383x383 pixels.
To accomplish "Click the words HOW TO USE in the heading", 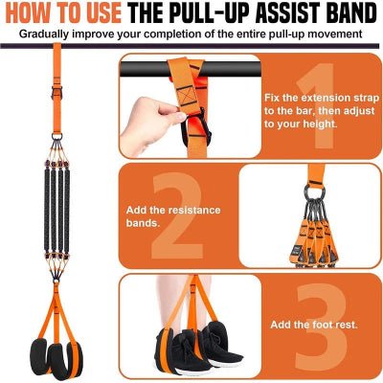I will [66, 13].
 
